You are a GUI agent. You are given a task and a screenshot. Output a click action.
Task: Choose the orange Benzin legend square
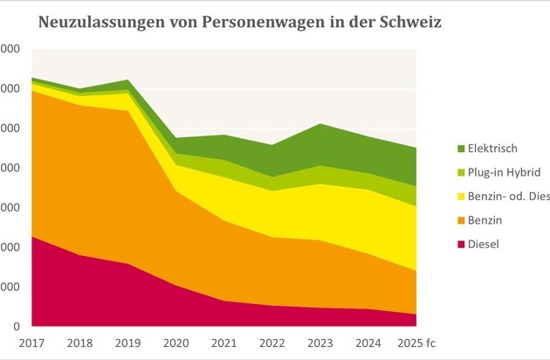(460, 221)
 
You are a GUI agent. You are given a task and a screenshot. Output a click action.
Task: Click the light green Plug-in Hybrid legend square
(460, 173)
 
